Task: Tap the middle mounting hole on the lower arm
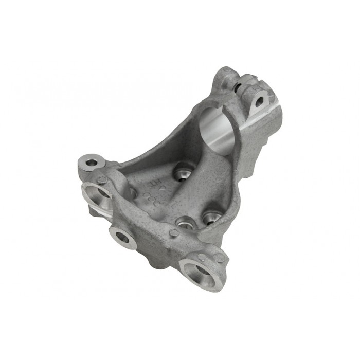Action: tap(123, 237)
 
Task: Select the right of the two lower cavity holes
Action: tap(211, 219)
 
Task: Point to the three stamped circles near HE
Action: tap(151, 199)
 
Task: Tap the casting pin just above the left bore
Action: tap(102, 180)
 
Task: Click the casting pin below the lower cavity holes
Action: tap(174, 233)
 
